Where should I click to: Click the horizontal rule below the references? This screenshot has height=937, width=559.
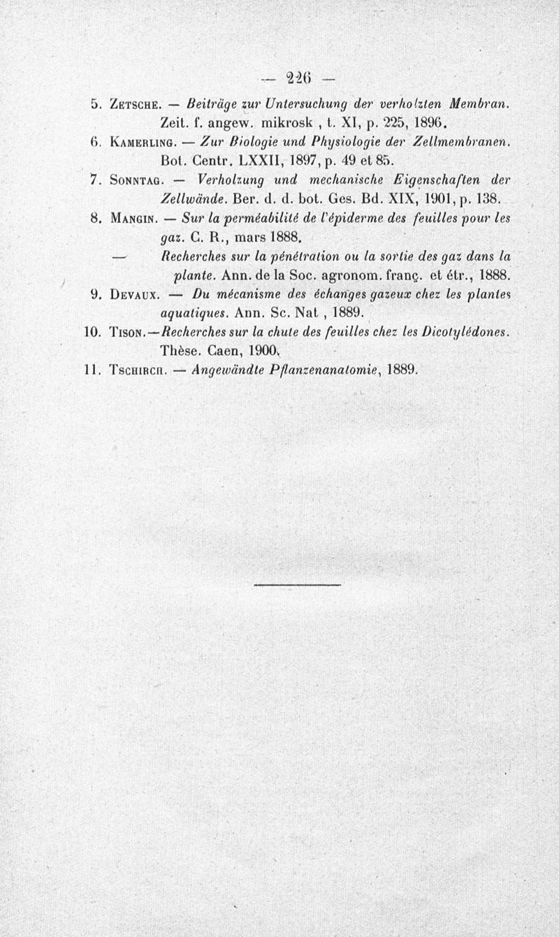(x=296, y=583)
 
